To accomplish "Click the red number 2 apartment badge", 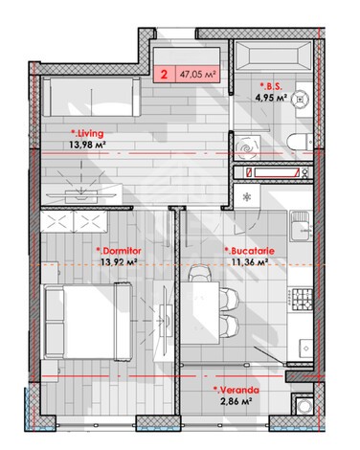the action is click(x=164, y=75).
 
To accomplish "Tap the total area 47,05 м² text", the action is click(x=198, y=75).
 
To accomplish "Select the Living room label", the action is click(x=87, y=134).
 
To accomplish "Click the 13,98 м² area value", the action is click(x=87, y=146).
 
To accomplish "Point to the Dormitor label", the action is click(x=119, y=251).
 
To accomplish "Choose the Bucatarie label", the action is click(x=250, y=251).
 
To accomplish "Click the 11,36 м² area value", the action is click(x=250, y=262).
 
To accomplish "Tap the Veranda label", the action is click(x=236, y=390).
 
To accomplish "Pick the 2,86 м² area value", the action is click(x=236, y=401).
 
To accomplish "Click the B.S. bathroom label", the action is click(x=271, y=86).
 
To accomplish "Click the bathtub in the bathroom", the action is click(x=273, y=56).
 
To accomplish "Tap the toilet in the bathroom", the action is click(x=300, y=142).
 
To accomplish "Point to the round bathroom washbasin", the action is click(x=301, y=99).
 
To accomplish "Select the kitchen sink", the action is click(x=300, y=226).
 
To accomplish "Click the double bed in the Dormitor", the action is click(x=88, y=321).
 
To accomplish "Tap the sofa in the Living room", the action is click(x=92, y=97).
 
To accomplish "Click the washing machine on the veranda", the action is click(x=304, y=406).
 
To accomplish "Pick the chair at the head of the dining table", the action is click(x=199, y=274).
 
